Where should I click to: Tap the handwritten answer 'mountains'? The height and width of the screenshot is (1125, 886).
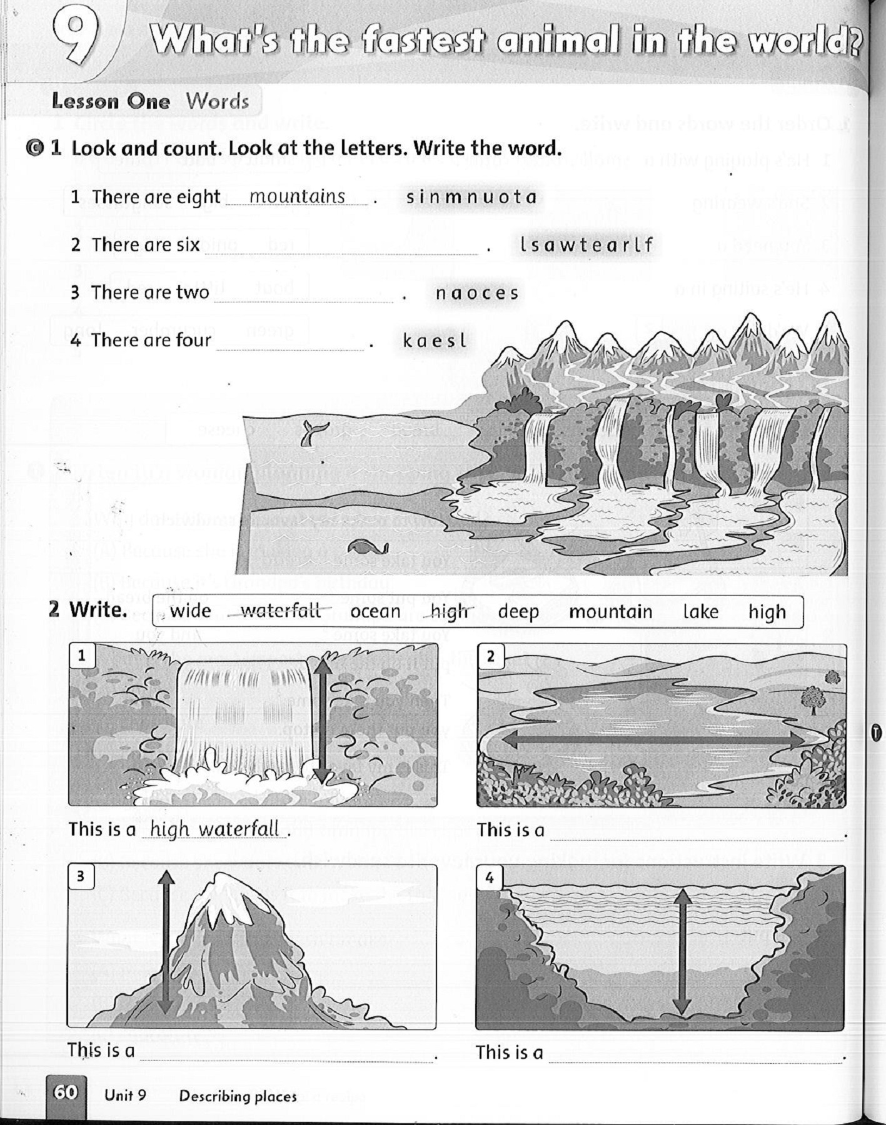point(297,196)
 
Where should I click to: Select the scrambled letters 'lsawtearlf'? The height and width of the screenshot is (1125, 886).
point(586,244)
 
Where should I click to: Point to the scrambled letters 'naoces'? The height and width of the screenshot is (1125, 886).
point(476,292)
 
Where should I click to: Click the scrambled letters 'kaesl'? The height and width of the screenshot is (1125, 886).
point(435,341)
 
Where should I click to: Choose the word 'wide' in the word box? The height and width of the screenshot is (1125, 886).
point(190,611)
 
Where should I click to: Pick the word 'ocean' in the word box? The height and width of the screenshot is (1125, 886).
point(375,611)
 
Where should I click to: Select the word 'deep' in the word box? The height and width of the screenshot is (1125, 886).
point(518,611)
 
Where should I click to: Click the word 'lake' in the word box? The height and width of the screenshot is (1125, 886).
point(700,611)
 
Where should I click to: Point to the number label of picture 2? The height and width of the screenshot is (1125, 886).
point(490,656)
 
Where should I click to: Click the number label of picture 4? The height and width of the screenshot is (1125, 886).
point(490,878)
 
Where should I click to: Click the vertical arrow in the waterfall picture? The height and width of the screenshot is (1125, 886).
point(321,721)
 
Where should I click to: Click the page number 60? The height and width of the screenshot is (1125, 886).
point(66,1092)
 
